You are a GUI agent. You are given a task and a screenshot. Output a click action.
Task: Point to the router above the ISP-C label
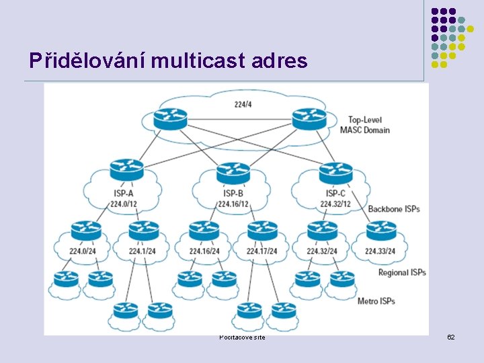[x=335, y=172]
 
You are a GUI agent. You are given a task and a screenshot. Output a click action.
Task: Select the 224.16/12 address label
[x=233, y=204]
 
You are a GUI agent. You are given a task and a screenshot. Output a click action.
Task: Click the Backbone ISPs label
[x=393, y=209]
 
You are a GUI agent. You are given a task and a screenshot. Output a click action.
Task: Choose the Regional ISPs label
[x=402, y=272]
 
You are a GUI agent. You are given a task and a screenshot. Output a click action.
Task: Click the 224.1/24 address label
[x=143, y=251]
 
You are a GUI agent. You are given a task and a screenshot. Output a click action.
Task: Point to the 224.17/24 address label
[x=262, y=251]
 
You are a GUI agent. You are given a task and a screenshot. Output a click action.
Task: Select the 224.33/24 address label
[x=381, y=251]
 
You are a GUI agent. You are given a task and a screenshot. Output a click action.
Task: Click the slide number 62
[x=451, y=336]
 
